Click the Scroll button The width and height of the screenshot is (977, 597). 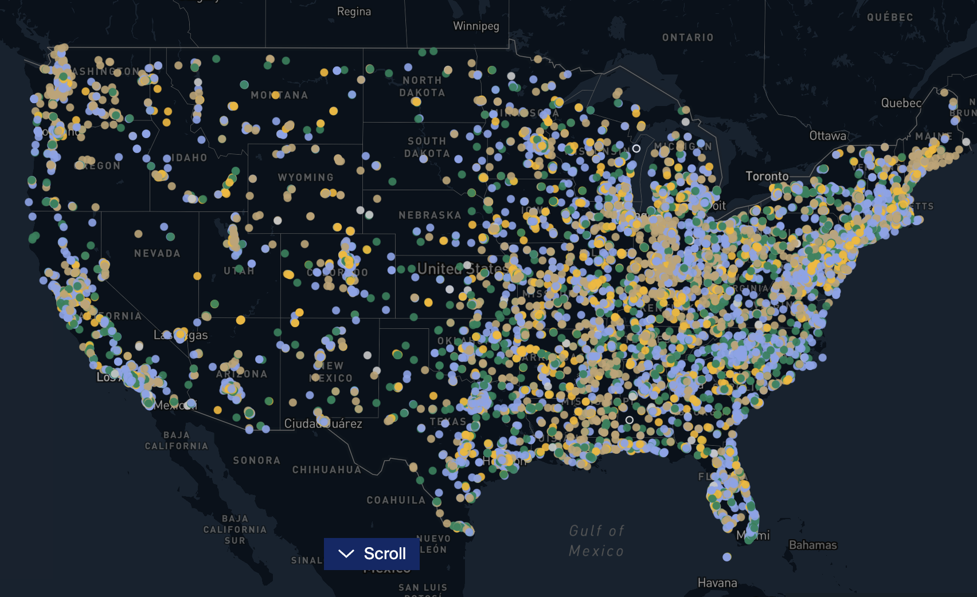click(x=372, y=553)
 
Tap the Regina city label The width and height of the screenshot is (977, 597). click(x=354, y=11)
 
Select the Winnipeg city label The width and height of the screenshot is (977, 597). click(x=476, y=26)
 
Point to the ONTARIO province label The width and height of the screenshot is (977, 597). click(x=687, y=38)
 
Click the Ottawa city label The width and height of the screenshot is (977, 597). click(x=827, y=136)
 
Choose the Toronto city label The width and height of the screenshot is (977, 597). click(x=767, y=176)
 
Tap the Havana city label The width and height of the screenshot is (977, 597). click(x=717, y=583)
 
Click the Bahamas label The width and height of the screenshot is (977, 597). click(x=812, y=545)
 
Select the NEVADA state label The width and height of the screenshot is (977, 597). click(x=157, y=253)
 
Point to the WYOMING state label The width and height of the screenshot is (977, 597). click(x=306, y=178)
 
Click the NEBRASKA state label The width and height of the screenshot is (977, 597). click(x=429, y=215)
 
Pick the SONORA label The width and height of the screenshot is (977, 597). click(x=256, y=461)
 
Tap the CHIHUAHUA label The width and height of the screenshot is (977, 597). click(x=327, y=470)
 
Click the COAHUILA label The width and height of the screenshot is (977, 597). click(x=396, y=500)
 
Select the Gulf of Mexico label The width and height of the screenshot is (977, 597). click(x=596, y=541)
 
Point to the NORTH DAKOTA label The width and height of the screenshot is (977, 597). click(x=422, y=87)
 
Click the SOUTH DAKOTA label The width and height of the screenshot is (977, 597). click(x=427, y=147)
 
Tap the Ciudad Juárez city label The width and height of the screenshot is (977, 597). click(x=323, y=424)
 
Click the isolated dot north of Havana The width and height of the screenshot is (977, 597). click(x=727, y=557)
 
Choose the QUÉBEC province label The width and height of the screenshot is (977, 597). click(x=890, y=17)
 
